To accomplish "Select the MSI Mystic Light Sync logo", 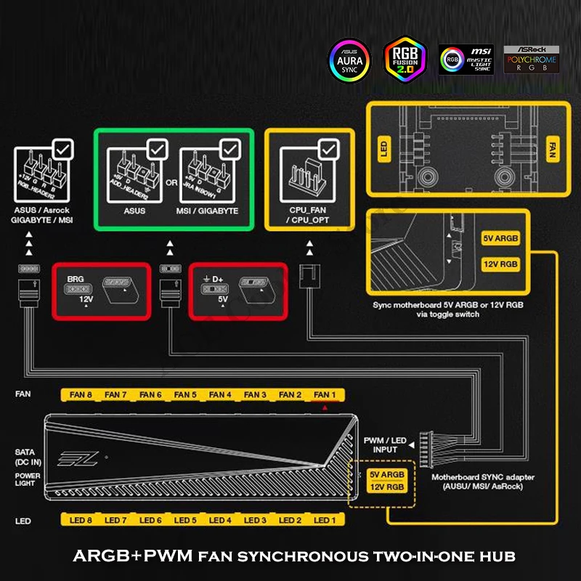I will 466,59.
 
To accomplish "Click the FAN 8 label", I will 81,394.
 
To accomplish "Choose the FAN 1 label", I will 325,394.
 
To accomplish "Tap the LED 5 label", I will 185,521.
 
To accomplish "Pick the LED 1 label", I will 325,521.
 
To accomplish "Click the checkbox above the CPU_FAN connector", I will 329,150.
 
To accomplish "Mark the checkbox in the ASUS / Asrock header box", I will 63,150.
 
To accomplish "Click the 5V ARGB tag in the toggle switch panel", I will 500,238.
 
